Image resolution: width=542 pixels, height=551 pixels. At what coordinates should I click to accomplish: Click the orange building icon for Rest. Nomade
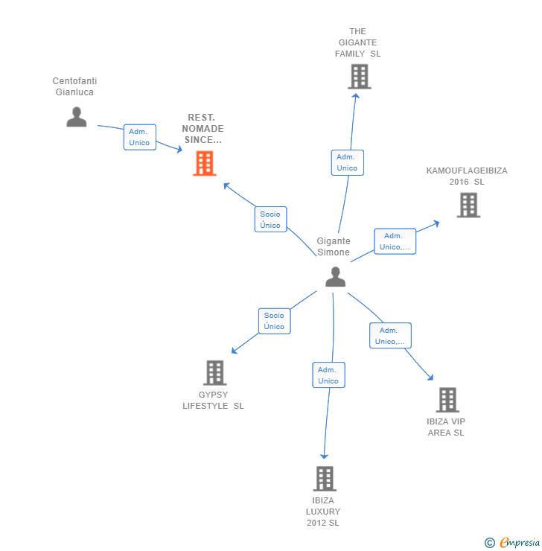[x=204, y=163]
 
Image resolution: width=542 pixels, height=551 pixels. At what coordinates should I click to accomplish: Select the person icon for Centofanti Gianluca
[x=76, y=117]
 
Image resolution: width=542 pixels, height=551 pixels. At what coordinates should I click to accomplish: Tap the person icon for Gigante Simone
[x=335, y=276]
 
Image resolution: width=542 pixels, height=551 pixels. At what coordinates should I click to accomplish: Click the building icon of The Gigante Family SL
[x=359, y=76]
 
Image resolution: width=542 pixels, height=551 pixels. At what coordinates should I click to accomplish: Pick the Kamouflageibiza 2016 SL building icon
[x=468, y=205]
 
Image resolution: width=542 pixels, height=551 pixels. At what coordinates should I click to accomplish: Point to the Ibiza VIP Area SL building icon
[x=447, y=400]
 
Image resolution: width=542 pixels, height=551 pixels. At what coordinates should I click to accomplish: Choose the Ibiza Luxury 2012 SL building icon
[x=325, y=478]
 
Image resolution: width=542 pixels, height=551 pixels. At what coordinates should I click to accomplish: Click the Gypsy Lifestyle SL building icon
[x=214, y=372]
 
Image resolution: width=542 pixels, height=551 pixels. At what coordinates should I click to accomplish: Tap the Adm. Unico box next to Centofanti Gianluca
[x=139, y=137]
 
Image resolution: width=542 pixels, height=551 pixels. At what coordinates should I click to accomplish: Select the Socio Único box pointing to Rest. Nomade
[x=270, y=220]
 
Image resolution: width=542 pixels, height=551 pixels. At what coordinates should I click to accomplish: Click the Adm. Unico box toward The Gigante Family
[x=347, y=162]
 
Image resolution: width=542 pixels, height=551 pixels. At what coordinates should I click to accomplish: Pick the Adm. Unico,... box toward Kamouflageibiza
[x=395, y=241]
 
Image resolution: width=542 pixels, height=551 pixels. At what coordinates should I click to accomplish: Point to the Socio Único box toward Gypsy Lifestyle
[x=274, y=321]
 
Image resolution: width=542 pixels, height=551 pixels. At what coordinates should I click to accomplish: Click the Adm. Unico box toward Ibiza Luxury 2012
[x=328, y=375]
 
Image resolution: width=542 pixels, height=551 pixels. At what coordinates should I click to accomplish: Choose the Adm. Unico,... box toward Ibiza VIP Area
[x=390, y=336]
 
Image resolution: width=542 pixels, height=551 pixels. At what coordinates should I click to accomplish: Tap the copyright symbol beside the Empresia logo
[x=490, y=543]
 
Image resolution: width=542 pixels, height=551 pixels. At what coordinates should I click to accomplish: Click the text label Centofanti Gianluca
[x=74, y=86]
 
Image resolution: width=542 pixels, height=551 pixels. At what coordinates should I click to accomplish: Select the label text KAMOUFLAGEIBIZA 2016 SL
[x=467, y=176]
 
